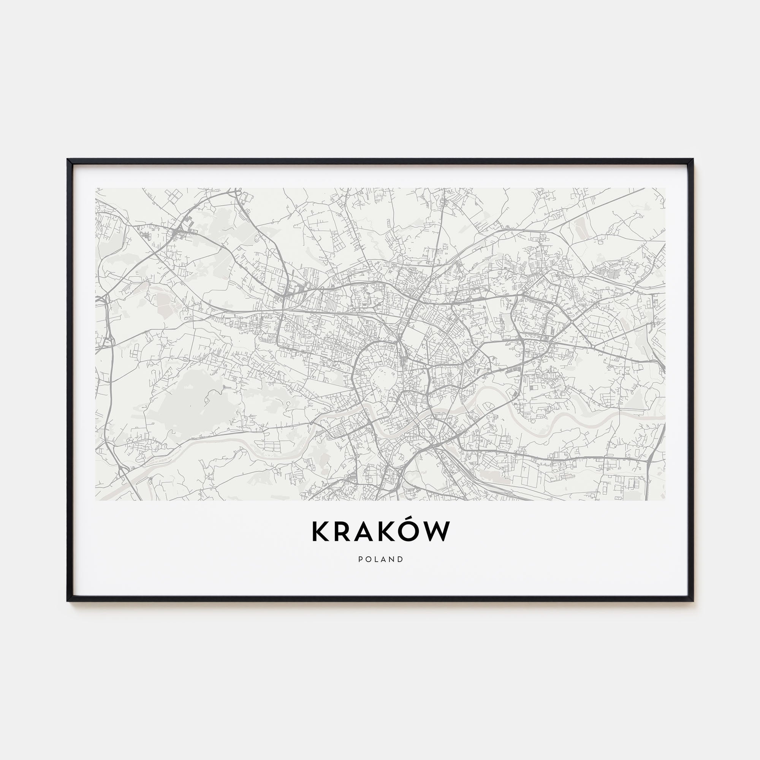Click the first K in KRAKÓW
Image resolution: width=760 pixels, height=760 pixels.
tap(320, 532)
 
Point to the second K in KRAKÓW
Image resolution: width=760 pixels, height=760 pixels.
tap(391, 532)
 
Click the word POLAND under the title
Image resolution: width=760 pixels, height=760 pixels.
tap(380, 559)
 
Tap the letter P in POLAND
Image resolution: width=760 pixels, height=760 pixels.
tap(360, 559)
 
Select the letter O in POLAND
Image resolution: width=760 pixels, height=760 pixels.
tap(368, 559)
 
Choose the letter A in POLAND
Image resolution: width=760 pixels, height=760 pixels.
tap(383, 559)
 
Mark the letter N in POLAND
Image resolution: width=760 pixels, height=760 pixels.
tap(392, 559)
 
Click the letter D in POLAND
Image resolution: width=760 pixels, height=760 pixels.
tap(401, 559)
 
